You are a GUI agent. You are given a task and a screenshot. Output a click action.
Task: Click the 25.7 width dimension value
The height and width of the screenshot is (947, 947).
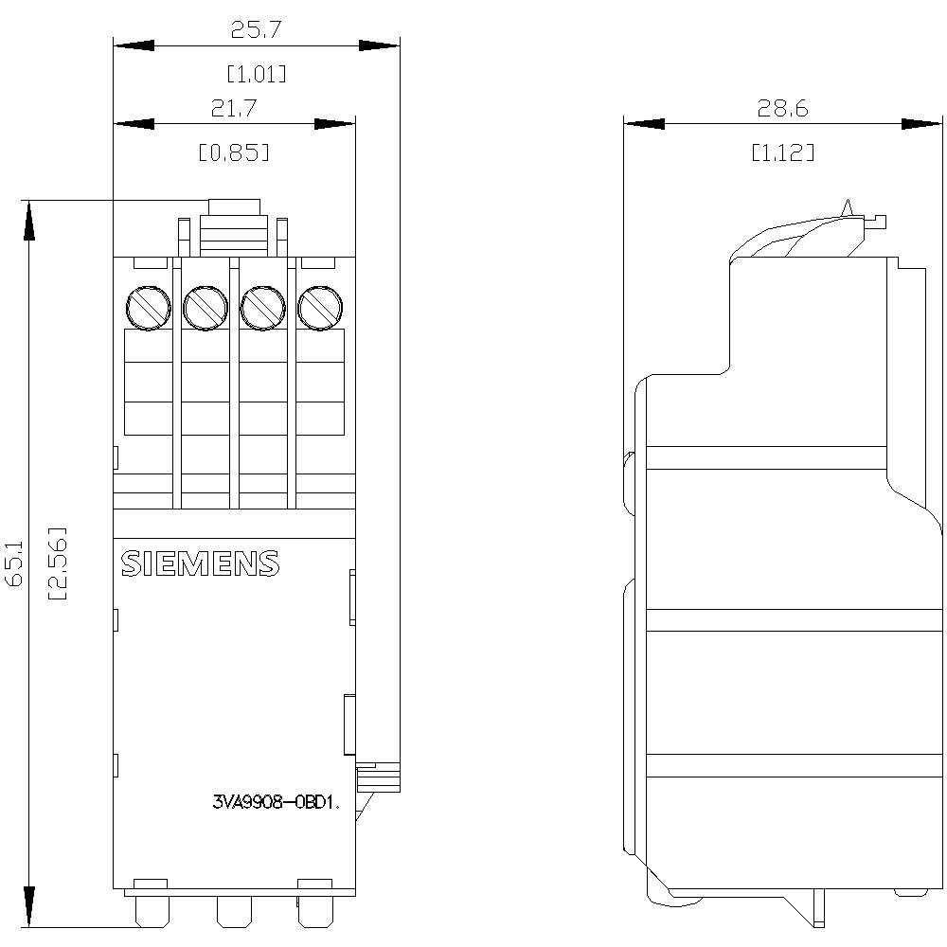pos(256,30)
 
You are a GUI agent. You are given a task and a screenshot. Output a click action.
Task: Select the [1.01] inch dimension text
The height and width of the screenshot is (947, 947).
pos(256,73)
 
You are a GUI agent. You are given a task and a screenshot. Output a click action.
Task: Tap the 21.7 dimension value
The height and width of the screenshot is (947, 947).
pos(234,109)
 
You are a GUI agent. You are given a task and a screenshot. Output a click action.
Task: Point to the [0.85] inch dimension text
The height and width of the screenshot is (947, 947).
pos(234,152)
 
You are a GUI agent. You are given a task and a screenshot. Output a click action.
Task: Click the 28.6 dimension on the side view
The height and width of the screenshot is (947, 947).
pos(782,109)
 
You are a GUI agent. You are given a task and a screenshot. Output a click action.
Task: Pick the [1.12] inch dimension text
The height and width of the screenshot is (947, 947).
pos(782,152)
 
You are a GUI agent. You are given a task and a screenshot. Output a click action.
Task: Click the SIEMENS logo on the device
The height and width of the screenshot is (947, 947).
pos(200,563)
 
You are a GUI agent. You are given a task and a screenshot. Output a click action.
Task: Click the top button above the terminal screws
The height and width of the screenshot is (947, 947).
pos(234,207)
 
